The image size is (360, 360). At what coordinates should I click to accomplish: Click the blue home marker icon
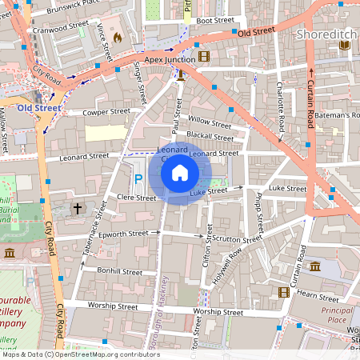tap(180, 172)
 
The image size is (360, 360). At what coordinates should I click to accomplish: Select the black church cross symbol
tap(78, 208)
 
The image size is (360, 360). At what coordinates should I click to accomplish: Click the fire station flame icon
tap(118, 37)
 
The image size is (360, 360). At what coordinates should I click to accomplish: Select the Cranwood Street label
tap(61, 26)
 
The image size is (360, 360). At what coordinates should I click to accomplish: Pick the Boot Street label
tap(214, 20)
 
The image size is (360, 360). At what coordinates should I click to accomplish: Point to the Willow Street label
tap(210, 122)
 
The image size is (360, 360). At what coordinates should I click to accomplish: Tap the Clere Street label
tap(114, 196)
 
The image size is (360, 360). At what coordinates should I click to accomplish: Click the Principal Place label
tap(337, 314)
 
